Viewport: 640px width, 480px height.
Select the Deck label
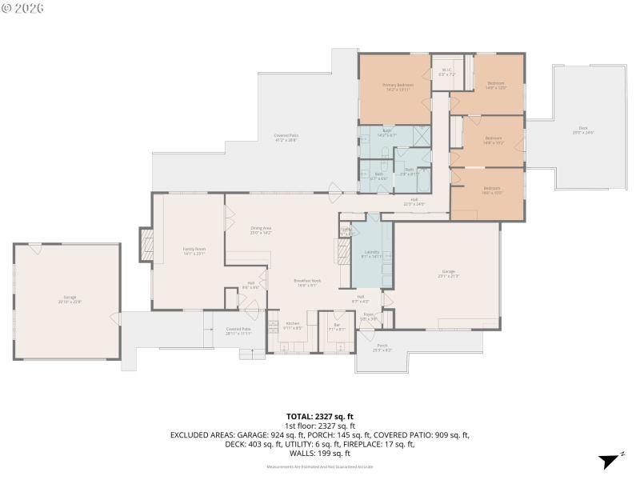pos(582,130)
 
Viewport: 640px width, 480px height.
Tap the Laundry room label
pos(371,254)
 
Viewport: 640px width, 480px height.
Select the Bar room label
pos(337,326)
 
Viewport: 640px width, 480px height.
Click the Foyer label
pos(369,316)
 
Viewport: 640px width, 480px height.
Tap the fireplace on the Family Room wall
pos(146,245)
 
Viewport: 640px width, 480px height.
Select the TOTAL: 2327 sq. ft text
pos(320,417)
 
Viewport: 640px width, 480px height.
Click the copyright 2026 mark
pos(23,8)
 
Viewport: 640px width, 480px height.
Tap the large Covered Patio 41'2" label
pos(286,137)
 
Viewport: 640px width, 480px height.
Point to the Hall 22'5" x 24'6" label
pos(414,202)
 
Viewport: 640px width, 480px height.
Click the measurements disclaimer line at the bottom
pos(320,466)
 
